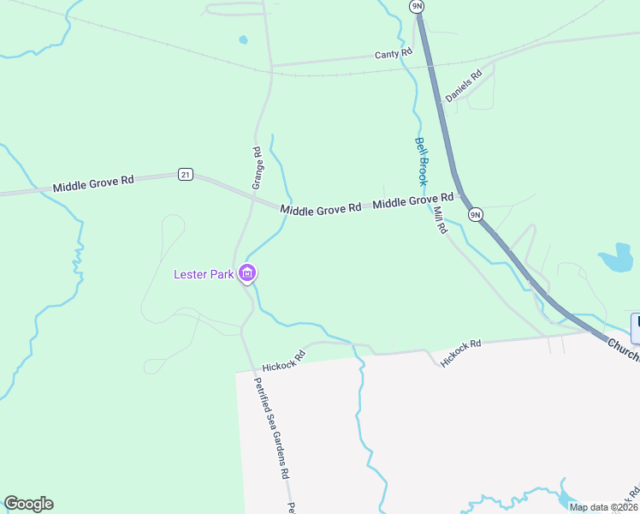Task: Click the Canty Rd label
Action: click(x=394, y=53)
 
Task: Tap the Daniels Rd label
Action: click(x=464, y=86)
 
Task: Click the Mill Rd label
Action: click(x=441, y=221)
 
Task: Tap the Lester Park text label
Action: click(x=204, y=274)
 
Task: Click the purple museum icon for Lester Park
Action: click(x=247, y=274)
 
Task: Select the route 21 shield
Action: click(x=185, y=174)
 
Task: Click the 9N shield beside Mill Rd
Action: click(x=476, y=213)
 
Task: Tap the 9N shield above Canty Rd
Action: click(x=417, y=6)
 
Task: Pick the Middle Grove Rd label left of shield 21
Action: click(x=93, y=183)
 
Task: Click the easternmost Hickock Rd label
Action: click(x=461, y=353)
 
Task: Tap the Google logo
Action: click(x=29, y=504)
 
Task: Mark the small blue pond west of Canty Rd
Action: click(x=244, y=39)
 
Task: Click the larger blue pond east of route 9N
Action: click(x=615, y=259)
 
